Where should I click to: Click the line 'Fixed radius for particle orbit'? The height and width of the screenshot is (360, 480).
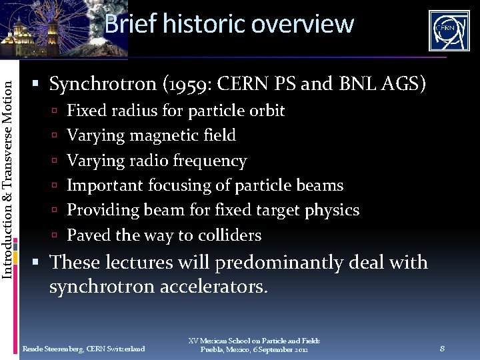(175, 111)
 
